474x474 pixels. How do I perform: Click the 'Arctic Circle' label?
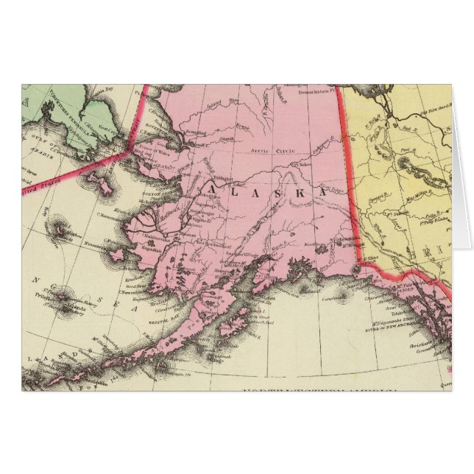pos(272,151)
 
